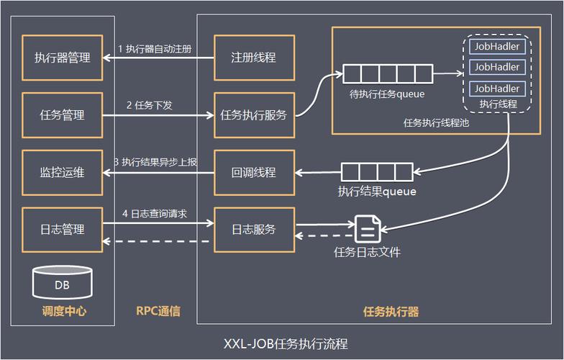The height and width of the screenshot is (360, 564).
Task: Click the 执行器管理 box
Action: tap(62, 58)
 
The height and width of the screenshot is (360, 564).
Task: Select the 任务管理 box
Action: tap(62, 115)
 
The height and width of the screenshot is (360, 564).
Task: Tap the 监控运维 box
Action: tap(62, 172)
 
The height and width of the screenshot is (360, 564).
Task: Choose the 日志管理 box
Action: tap(62, 230)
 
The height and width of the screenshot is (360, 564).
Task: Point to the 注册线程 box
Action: tap(253, 58)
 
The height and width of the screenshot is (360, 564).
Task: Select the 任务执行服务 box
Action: tap(253, 115)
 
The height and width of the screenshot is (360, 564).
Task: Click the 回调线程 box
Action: tap(253, 172)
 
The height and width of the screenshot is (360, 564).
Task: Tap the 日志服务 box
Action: tap(253, 230)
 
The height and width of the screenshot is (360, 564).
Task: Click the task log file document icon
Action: tap(367, 230)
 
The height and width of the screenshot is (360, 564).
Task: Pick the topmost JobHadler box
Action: tap(497, 46)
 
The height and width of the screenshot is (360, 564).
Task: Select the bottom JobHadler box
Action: tap(497, 88)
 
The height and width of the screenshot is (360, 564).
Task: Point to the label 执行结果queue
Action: tap(377, 192)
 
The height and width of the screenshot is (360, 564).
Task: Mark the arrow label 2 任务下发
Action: tap(150, 105)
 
